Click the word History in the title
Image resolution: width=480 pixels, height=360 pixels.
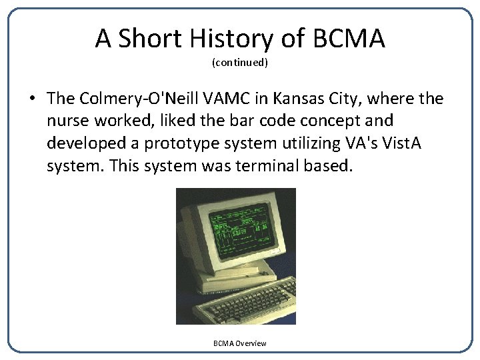[236, 39]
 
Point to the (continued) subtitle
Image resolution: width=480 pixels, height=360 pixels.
[240, 63]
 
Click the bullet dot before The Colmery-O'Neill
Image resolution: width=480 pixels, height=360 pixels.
[31, 99]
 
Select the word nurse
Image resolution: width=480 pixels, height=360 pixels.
[69, 121]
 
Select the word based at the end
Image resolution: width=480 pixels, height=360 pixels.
[327, 165]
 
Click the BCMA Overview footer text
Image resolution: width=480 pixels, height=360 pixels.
[239, 343]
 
